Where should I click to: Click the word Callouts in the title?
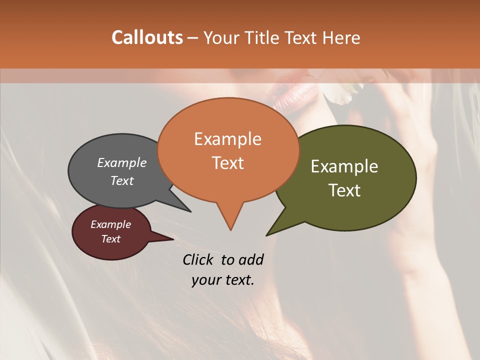point(147,37)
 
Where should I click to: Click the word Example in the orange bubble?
point(227,138)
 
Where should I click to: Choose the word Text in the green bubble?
point(344,190)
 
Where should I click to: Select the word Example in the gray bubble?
point(121,162)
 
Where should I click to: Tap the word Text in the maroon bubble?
point(110,239)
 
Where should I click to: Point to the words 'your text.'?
point(223,280)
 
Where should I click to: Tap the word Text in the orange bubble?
point(227,162)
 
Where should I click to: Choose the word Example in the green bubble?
point(344,166)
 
